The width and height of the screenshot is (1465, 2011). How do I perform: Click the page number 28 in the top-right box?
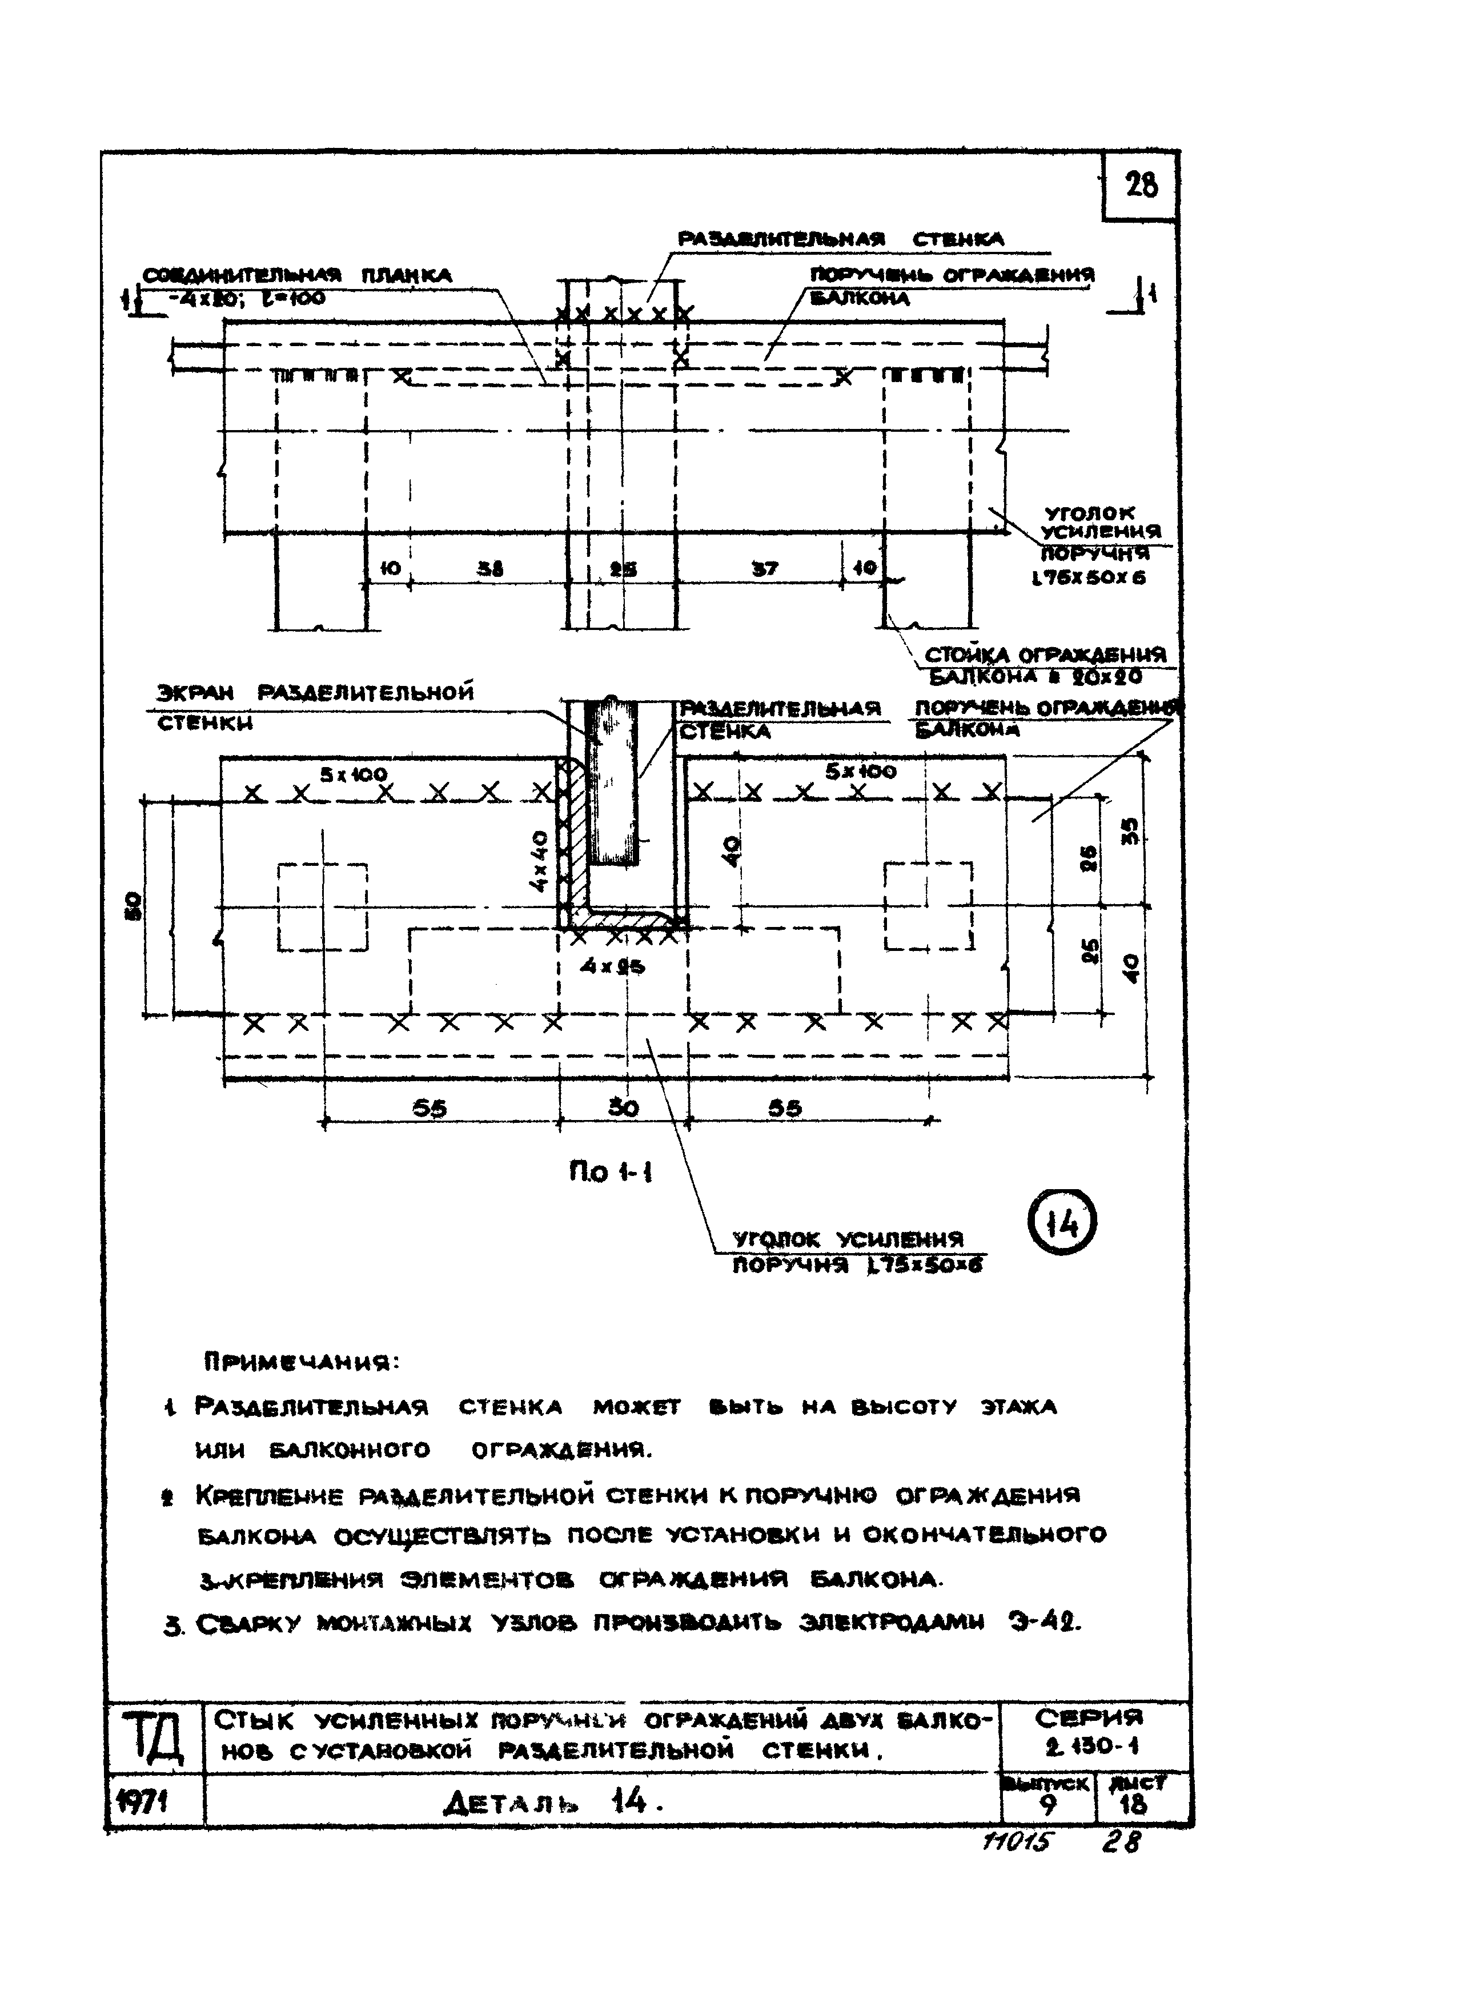1141,185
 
